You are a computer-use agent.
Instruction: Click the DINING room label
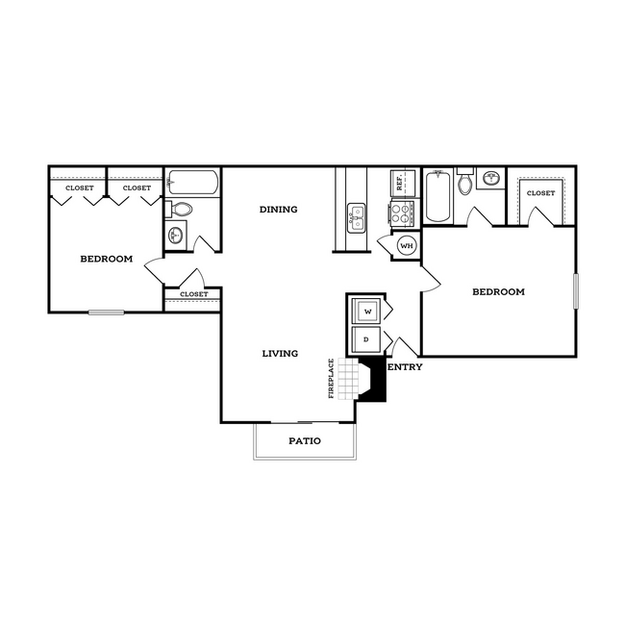point(279,210)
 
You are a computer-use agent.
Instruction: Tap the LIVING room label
point(280,354)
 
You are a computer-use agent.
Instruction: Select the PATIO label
point(304,441)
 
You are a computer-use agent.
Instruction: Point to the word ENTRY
point(404,366)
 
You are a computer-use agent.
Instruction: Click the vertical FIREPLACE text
point(332,378)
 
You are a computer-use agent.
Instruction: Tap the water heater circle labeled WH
point(406,246)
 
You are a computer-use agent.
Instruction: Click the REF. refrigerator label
point(396,181)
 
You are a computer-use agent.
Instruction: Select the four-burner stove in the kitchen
point(399,212)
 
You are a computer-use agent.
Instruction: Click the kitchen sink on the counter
point(356,215)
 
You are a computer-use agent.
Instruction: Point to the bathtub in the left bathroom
point(192,182)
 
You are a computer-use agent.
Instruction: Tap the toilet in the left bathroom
point(181,209)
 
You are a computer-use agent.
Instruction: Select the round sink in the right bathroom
point(491,178)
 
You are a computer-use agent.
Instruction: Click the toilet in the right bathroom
point(465,183)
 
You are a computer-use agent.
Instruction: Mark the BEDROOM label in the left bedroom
point(106,259)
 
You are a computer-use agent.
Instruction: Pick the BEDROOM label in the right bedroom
point(498,291)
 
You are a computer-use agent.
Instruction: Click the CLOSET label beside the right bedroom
point(540,193)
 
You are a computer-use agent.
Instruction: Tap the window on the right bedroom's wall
point(575,291)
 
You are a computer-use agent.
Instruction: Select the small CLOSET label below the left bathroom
point(193,294)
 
